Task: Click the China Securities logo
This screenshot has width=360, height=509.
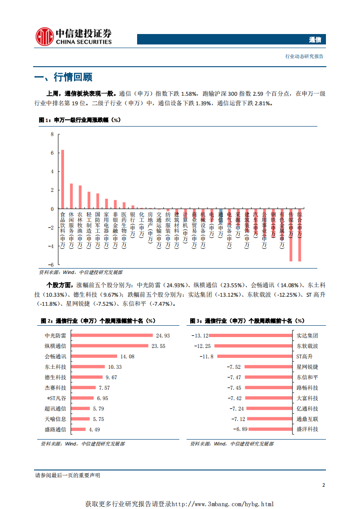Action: (73, 36)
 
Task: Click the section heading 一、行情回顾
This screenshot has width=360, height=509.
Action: (64, 77)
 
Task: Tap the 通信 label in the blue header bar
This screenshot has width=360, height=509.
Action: (315, 39)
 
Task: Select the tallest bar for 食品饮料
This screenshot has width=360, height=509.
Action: (63, 179)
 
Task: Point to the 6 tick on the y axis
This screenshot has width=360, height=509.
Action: (52, 153)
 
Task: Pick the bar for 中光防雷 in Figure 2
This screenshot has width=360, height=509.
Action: (112, 336)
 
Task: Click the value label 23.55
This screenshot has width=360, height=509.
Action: (158, 346)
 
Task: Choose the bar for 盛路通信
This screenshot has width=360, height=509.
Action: (79, 430)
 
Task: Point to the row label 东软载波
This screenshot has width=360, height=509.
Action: (307, 346)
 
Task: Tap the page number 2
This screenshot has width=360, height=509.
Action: (323, 485)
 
